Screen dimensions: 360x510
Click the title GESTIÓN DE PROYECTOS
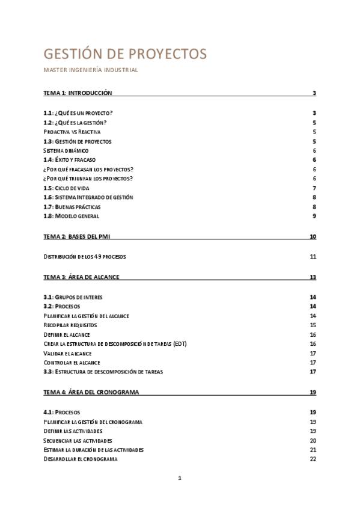[x=125, y=54]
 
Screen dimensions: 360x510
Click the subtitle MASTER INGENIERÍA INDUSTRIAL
[x=91, y=70]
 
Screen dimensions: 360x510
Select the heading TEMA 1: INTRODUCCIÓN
[x=78, y=93]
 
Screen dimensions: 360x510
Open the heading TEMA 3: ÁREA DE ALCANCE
[x=81, y=277]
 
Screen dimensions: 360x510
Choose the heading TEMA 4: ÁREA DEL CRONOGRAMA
[x=91, y=392]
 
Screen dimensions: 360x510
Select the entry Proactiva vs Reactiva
[x=72, y=132]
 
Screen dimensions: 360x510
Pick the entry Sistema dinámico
[x=66, y=150]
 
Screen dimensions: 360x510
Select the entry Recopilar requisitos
[x=70, y=325]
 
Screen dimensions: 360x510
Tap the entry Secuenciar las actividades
[x=78, y=440]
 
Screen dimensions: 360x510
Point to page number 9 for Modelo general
[x=314, y=216]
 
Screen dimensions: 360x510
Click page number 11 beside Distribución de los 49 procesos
[x=313, y=257]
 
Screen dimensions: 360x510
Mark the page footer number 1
[x=179, y=478]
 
